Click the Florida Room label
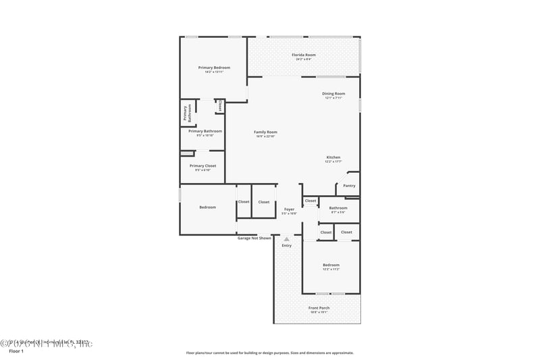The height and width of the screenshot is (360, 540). tap(303, 55)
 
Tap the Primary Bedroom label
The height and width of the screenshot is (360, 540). tap(214, 68)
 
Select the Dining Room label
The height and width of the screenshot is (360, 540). tap(333, 94)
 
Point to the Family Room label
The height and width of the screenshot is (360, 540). tap(265, 132)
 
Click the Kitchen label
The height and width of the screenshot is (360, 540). tap(333, 157)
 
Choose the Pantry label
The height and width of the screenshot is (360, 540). tap(349, 186)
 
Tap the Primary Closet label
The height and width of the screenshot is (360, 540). tap(202, 165)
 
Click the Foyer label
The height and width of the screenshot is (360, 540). tap(289, 209)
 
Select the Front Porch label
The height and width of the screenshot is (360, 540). tap(319, 308)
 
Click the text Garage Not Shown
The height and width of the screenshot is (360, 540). tap(254, 238)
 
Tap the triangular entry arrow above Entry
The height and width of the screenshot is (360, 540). tap(287, 238)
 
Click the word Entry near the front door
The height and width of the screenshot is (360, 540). tap(287, 245)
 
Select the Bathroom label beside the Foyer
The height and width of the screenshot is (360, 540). tap(338, 208)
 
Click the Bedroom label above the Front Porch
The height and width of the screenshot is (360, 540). tap(331, 265)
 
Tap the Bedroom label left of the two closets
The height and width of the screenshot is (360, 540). tap(207, 207)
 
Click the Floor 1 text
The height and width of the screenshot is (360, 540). tap(16, 352)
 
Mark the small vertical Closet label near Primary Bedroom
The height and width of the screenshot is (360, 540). tap(219, 106)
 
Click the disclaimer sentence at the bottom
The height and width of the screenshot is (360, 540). tap(269, 353)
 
